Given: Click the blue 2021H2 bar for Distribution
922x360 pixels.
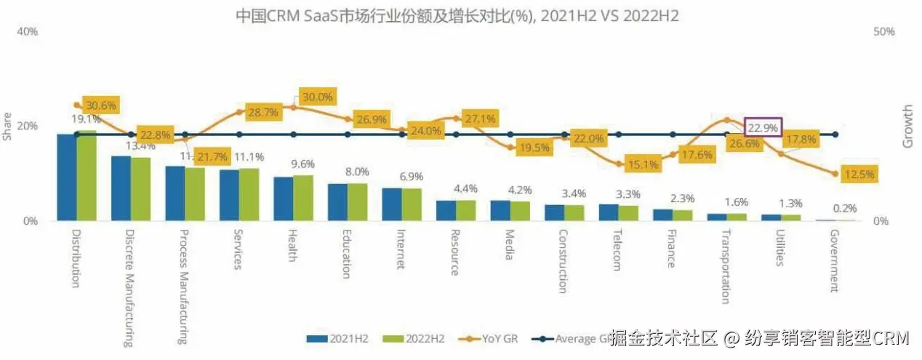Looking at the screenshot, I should pyautogui.click(x=67, y=177).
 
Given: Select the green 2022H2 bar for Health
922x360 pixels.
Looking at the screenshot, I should pyautogui.click(x=303, y=198).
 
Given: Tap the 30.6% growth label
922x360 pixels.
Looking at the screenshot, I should pyautogui.click(x=100, y=105).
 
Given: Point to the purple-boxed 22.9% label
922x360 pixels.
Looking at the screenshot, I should pyautogui.click(x=763, y=127).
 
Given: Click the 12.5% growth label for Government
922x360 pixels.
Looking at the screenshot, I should pyautogui.click(x=859, y=175).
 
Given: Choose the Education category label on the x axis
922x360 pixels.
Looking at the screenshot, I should pyautogui.click(x=346, y=255).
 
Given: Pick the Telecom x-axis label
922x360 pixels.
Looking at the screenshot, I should pyautogui.click(x=616, y=251).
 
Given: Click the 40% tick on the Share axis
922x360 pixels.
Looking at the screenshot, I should pyautogui.click(x=27, y=33).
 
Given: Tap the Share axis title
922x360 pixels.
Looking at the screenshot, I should pyautogui.click(x=8, y=131).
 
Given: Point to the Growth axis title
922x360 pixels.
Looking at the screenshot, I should pyautogui.click(x=907, y=127).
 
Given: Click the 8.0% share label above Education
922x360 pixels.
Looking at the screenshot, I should pyautogui.click(x=356, y=172).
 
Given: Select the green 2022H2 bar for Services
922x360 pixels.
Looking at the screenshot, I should pyautogui.click(x=249, y=194).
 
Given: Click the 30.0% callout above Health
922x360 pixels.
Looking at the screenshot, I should pyautogui.click(x=316, y=97).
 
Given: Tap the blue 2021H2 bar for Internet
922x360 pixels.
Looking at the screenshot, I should pyautogui.click(x=392, y=204).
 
